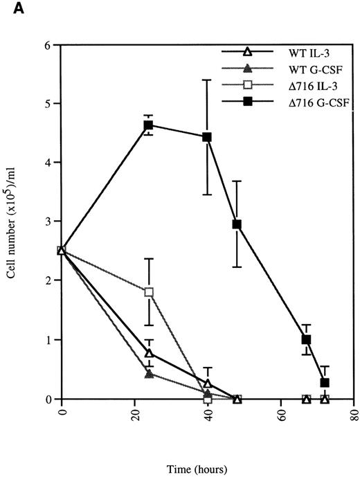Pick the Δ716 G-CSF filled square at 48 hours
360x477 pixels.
coord(237,224)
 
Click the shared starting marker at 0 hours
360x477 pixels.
coord(62,251)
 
